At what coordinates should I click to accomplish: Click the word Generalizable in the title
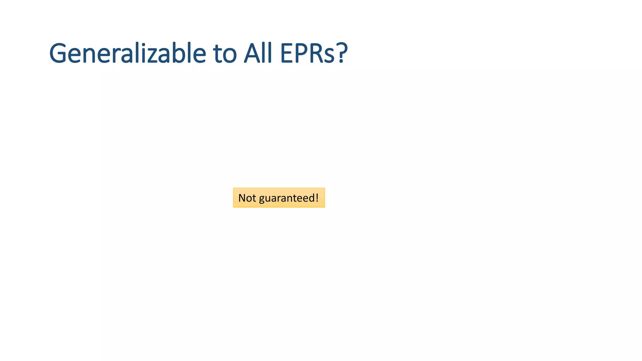[128, 53]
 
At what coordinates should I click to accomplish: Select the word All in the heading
[258, 53]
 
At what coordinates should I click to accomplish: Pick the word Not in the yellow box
[247, 198]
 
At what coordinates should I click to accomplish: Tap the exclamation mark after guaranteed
[317, 198]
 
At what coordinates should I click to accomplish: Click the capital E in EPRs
[287, 53]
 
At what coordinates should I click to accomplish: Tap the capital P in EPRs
[302, 53]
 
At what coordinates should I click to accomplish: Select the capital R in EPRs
[317, 53]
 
